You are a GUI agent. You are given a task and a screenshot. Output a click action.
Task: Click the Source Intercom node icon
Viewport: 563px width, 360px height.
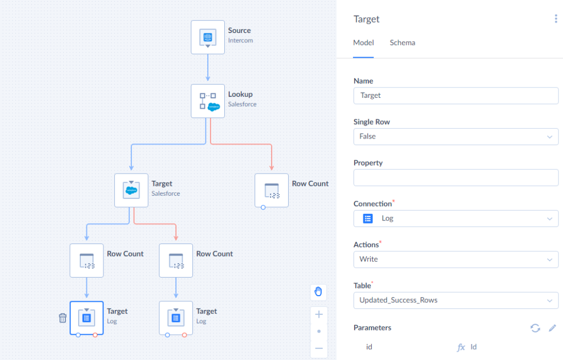point(207,37)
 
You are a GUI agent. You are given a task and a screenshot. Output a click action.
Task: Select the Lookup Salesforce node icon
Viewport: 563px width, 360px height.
point(207,101)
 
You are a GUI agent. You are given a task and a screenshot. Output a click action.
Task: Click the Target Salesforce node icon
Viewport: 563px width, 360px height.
point(131,190)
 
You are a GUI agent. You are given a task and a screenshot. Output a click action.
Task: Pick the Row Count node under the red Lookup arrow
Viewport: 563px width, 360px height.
point(272,190)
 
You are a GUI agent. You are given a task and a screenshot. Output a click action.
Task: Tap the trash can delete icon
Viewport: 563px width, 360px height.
point(63,318)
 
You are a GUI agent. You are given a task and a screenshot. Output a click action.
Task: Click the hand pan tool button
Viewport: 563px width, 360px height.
point(318,291)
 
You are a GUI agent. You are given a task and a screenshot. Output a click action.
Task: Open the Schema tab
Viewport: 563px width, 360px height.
point(402,43)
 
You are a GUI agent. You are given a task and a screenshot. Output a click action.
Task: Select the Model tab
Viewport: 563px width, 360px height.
point(363,43)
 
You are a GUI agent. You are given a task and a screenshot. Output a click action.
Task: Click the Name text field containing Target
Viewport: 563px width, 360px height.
point(456,96)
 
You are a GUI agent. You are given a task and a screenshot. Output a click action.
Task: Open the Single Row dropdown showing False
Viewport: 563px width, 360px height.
point(456,137)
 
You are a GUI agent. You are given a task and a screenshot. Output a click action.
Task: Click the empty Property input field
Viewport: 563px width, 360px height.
point(456,178)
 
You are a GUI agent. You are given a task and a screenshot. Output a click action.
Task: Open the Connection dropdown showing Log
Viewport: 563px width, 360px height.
point(456,219)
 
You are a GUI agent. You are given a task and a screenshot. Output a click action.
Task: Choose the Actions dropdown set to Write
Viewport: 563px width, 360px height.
point(456,259)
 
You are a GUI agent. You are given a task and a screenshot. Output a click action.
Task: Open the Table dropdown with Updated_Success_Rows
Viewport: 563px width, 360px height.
point(456,301)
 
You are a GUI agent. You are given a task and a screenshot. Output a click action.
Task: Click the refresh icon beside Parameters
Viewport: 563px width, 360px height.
point(535,328)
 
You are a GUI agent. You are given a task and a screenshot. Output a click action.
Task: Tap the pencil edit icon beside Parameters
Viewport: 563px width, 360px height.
point(552,328)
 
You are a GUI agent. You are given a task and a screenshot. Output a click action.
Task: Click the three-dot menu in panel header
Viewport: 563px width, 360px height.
point(556,19)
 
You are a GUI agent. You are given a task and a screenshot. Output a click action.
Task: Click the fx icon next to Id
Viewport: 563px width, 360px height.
point(461,347)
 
